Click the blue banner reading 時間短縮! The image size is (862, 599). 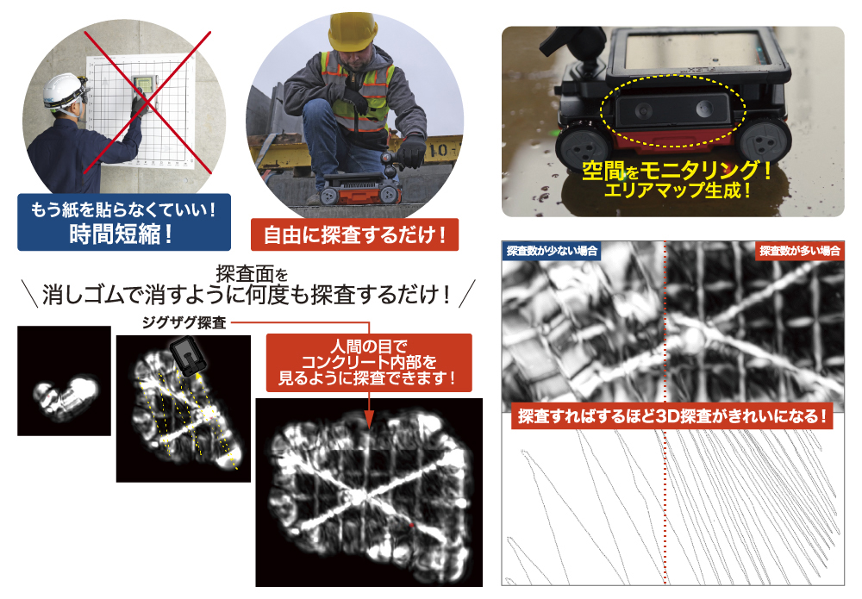123,222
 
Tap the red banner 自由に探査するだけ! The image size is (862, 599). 354,235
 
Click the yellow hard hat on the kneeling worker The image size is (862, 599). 353,32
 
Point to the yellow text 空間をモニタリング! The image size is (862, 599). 677,171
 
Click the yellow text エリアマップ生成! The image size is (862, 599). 678,190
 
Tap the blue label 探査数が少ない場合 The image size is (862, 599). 552,251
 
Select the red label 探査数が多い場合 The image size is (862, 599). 800,251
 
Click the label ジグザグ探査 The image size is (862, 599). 184,322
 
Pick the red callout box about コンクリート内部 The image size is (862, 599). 369,363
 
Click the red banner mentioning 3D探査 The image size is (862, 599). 672,416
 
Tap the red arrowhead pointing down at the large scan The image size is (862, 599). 369,421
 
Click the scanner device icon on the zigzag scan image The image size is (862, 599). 188,356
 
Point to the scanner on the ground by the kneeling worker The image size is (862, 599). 360,190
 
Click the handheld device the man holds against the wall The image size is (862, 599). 143,90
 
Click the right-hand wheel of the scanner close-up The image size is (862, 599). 765,141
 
